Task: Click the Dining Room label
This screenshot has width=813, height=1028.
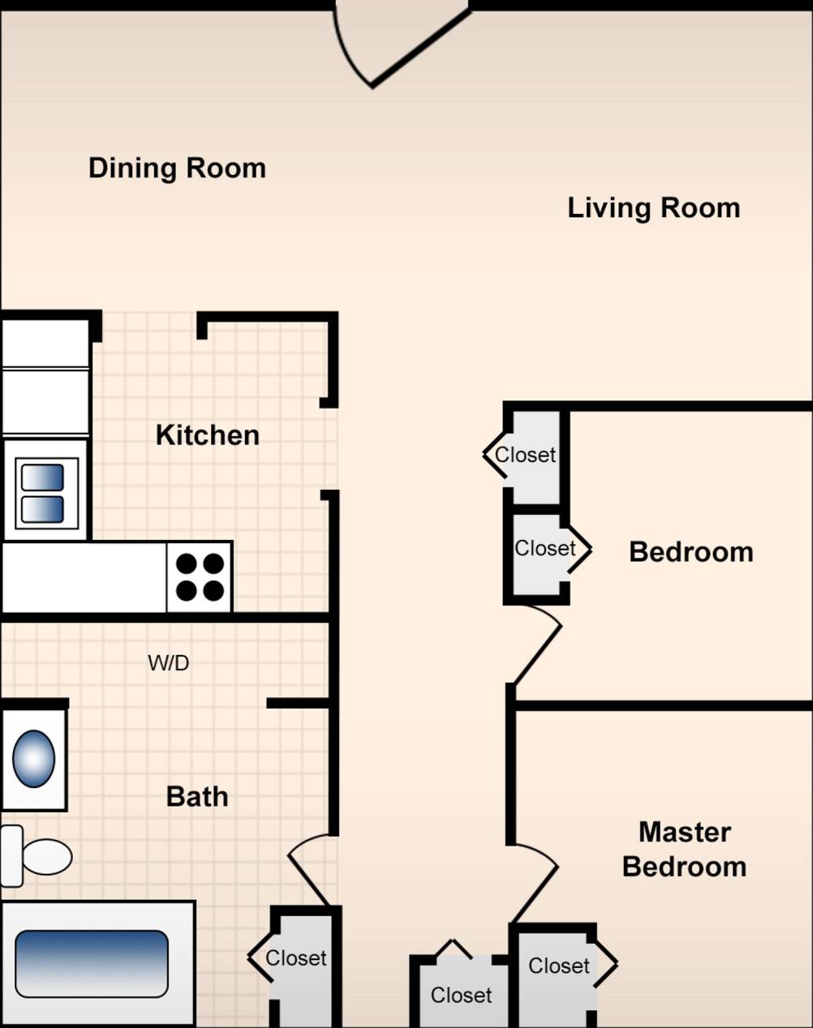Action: (x=177, y=168)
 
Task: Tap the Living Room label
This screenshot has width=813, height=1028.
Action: (x=653, y=208)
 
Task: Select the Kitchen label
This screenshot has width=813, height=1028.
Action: (x=207, y=435)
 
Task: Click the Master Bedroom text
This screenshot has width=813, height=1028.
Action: (x=684, y=849)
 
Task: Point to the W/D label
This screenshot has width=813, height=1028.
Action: (x=168, y=663)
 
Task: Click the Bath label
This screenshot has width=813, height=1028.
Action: (x=197, y=796)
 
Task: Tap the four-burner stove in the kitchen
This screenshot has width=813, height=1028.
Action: (x=200, y=577)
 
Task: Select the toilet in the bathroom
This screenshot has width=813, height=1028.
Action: (x=37, y=856)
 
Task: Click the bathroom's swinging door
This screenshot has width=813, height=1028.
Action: (x=308, y=872)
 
